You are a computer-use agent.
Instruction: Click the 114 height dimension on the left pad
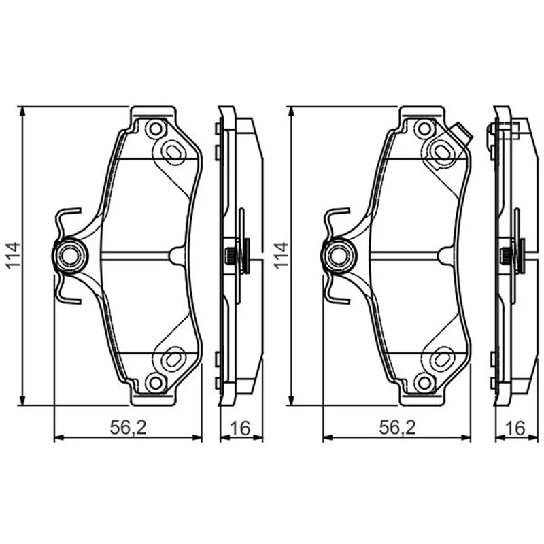(x=14, y=256)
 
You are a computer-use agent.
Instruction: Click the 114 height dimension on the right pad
(x=282, y=256)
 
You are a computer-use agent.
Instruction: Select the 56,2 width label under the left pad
(x=128, y=428)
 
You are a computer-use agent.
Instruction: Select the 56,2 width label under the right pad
(x=397, y=428)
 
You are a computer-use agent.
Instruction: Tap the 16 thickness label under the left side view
(x=240, y=428)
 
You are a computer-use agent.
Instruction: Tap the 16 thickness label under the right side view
(x=515, y=428)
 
